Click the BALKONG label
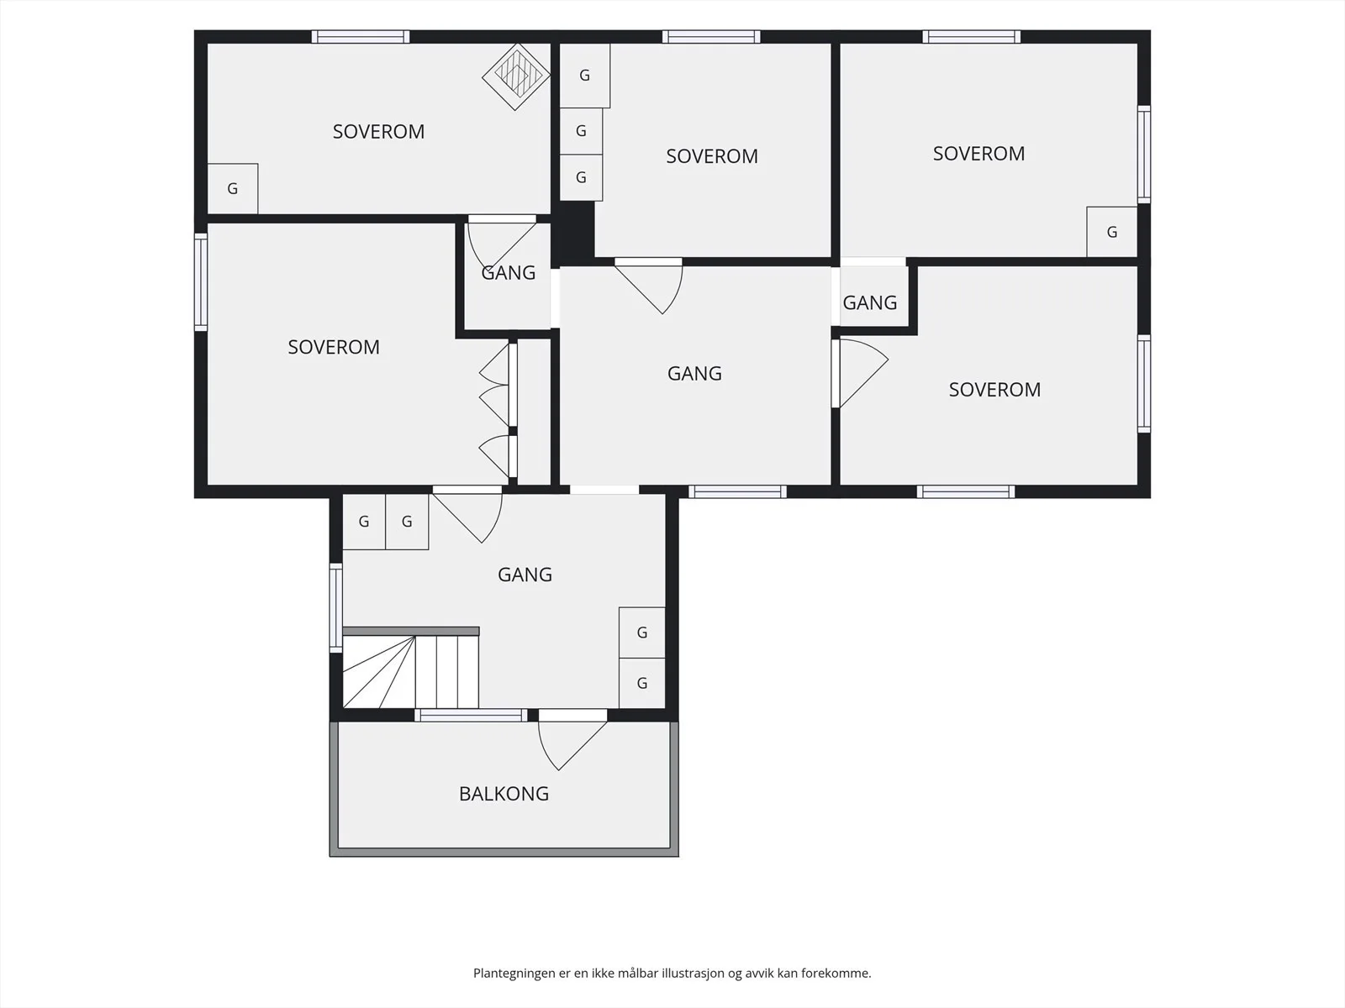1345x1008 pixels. (504, 793)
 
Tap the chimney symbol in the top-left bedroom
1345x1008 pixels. (516, 76)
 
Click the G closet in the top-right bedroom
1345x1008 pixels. (1111, 232)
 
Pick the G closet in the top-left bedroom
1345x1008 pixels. (232, 188)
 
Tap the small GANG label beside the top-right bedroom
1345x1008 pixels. (869, 302)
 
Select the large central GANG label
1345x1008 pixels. (694, 373)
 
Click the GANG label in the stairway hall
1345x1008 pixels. (525, 574)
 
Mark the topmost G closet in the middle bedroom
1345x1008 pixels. (584, 76)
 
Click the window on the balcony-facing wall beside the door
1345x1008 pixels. (471, 715)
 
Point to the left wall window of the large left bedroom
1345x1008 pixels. (201, 282)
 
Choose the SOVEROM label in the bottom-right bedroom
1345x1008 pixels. (994, 389)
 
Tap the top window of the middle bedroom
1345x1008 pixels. (711, 37)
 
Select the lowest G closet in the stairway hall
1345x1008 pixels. (641, 683)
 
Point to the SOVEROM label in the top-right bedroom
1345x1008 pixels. (978, 154)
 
